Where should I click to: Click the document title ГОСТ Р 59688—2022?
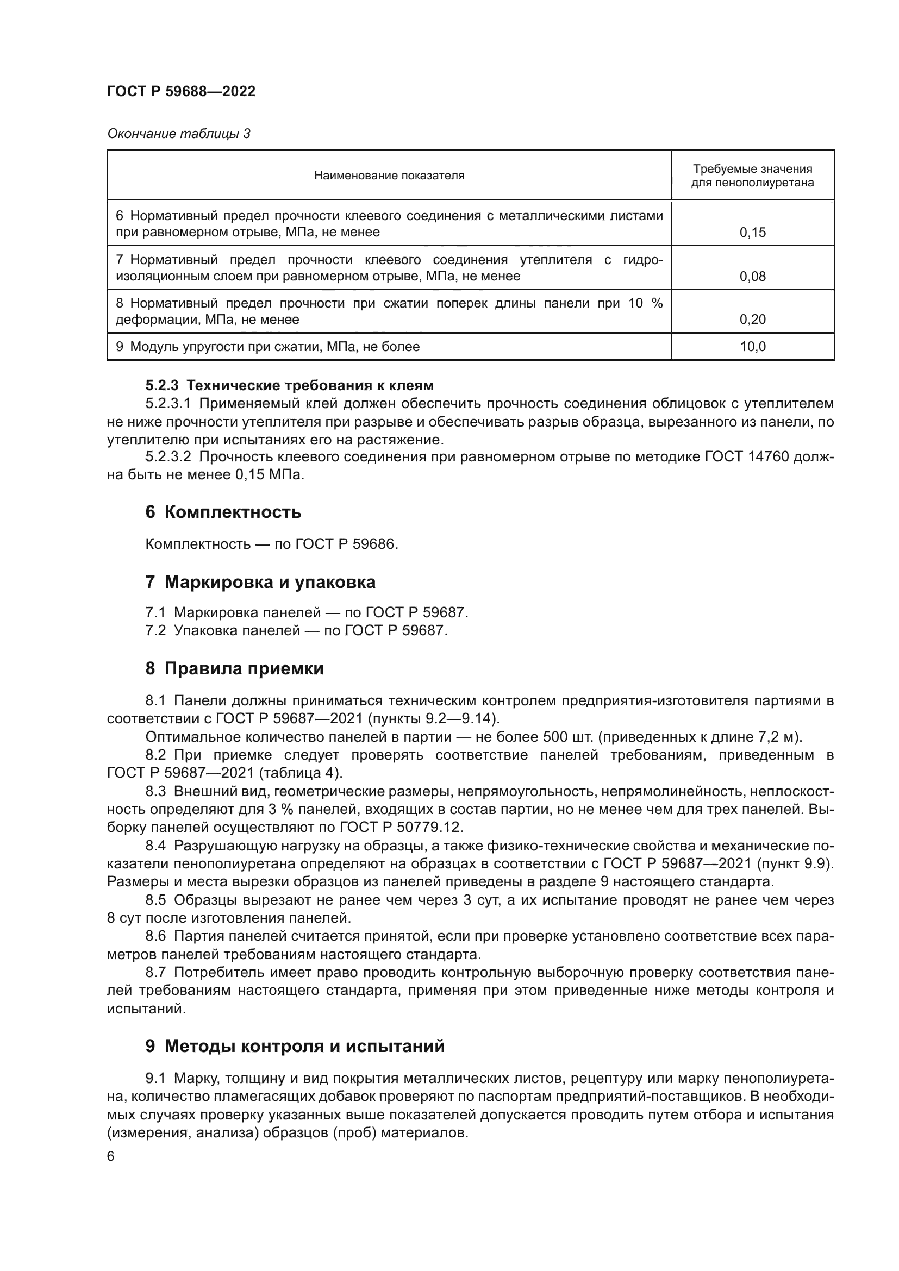click(181, 92)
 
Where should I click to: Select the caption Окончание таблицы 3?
click(178, 134)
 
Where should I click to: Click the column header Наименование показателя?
click(389, 176)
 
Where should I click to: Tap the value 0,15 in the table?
click(752, 233)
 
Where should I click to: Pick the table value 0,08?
click(752, 276)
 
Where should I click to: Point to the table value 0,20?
click(752, 320)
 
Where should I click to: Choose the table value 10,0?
click(752, 347)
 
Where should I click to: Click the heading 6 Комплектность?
click(223, 512)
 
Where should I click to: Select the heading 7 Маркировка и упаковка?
click(260, 583)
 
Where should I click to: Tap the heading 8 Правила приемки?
click(234, 669)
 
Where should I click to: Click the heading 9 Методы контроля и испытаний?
click(295, 1046)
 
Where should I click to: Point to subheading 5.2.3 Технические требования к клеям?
click(290, 385)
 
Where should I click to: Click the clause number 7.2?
click(155, 630)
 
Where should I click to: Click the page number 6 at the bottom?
click(111, 1157)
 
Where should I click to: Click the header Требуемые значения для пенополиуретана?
click(752, 176)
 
